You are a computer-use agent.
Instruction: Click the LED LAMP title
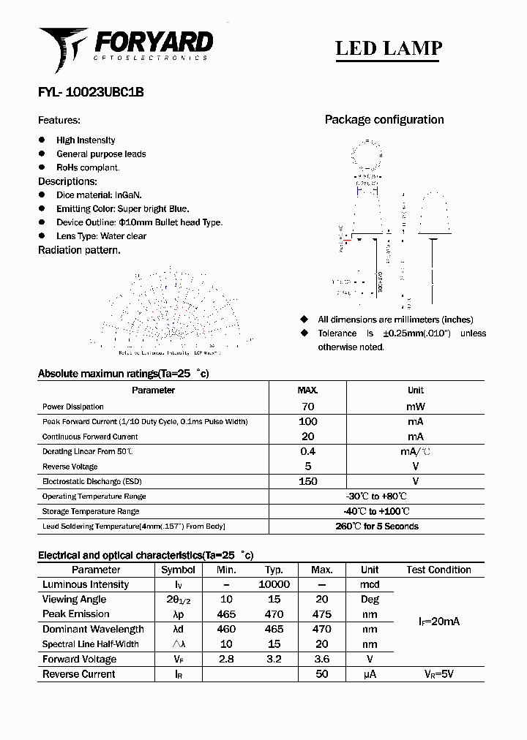[388, 48]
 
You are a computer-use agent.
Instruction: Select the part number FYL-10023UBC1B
[91, 92]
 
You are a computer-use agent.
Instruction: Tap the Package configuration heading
[384, 120]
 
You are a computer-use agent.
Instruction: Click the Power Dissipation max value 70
[308, 407]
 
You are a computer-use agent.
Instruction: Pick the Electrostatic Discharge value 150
[308, 481]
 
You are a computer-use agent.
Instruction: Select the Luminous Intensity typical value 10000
[274, 584]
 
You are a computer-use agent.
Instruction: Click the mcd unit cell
[370, 584]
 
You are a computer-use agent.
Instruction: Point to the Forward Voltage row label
[79, 659]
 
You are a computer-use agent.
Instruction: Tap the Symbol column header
[178, 570]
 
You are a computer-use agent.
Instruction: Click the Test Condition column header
[438, 570]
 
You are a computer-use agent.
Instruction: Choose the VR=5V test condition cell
[438, 674]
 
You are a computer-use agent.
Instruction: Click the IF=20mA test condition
[438, 622]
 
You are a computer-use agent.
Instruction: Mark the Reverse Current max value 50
[322, 674]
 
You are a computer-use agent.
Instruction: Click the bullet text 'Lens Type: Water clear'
[101, 236]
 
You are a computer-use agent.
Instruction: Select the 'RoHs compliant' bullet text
[88, 167]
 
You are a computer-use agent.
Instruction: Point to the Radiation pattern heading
[79, 250]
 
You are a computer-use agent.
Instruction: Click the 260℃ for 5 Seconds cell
[376, 526]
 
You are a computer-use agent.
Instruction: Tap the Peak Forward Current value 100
[308, 421]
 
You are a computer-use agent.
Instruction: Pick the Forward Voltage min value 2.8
[226, 659]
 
